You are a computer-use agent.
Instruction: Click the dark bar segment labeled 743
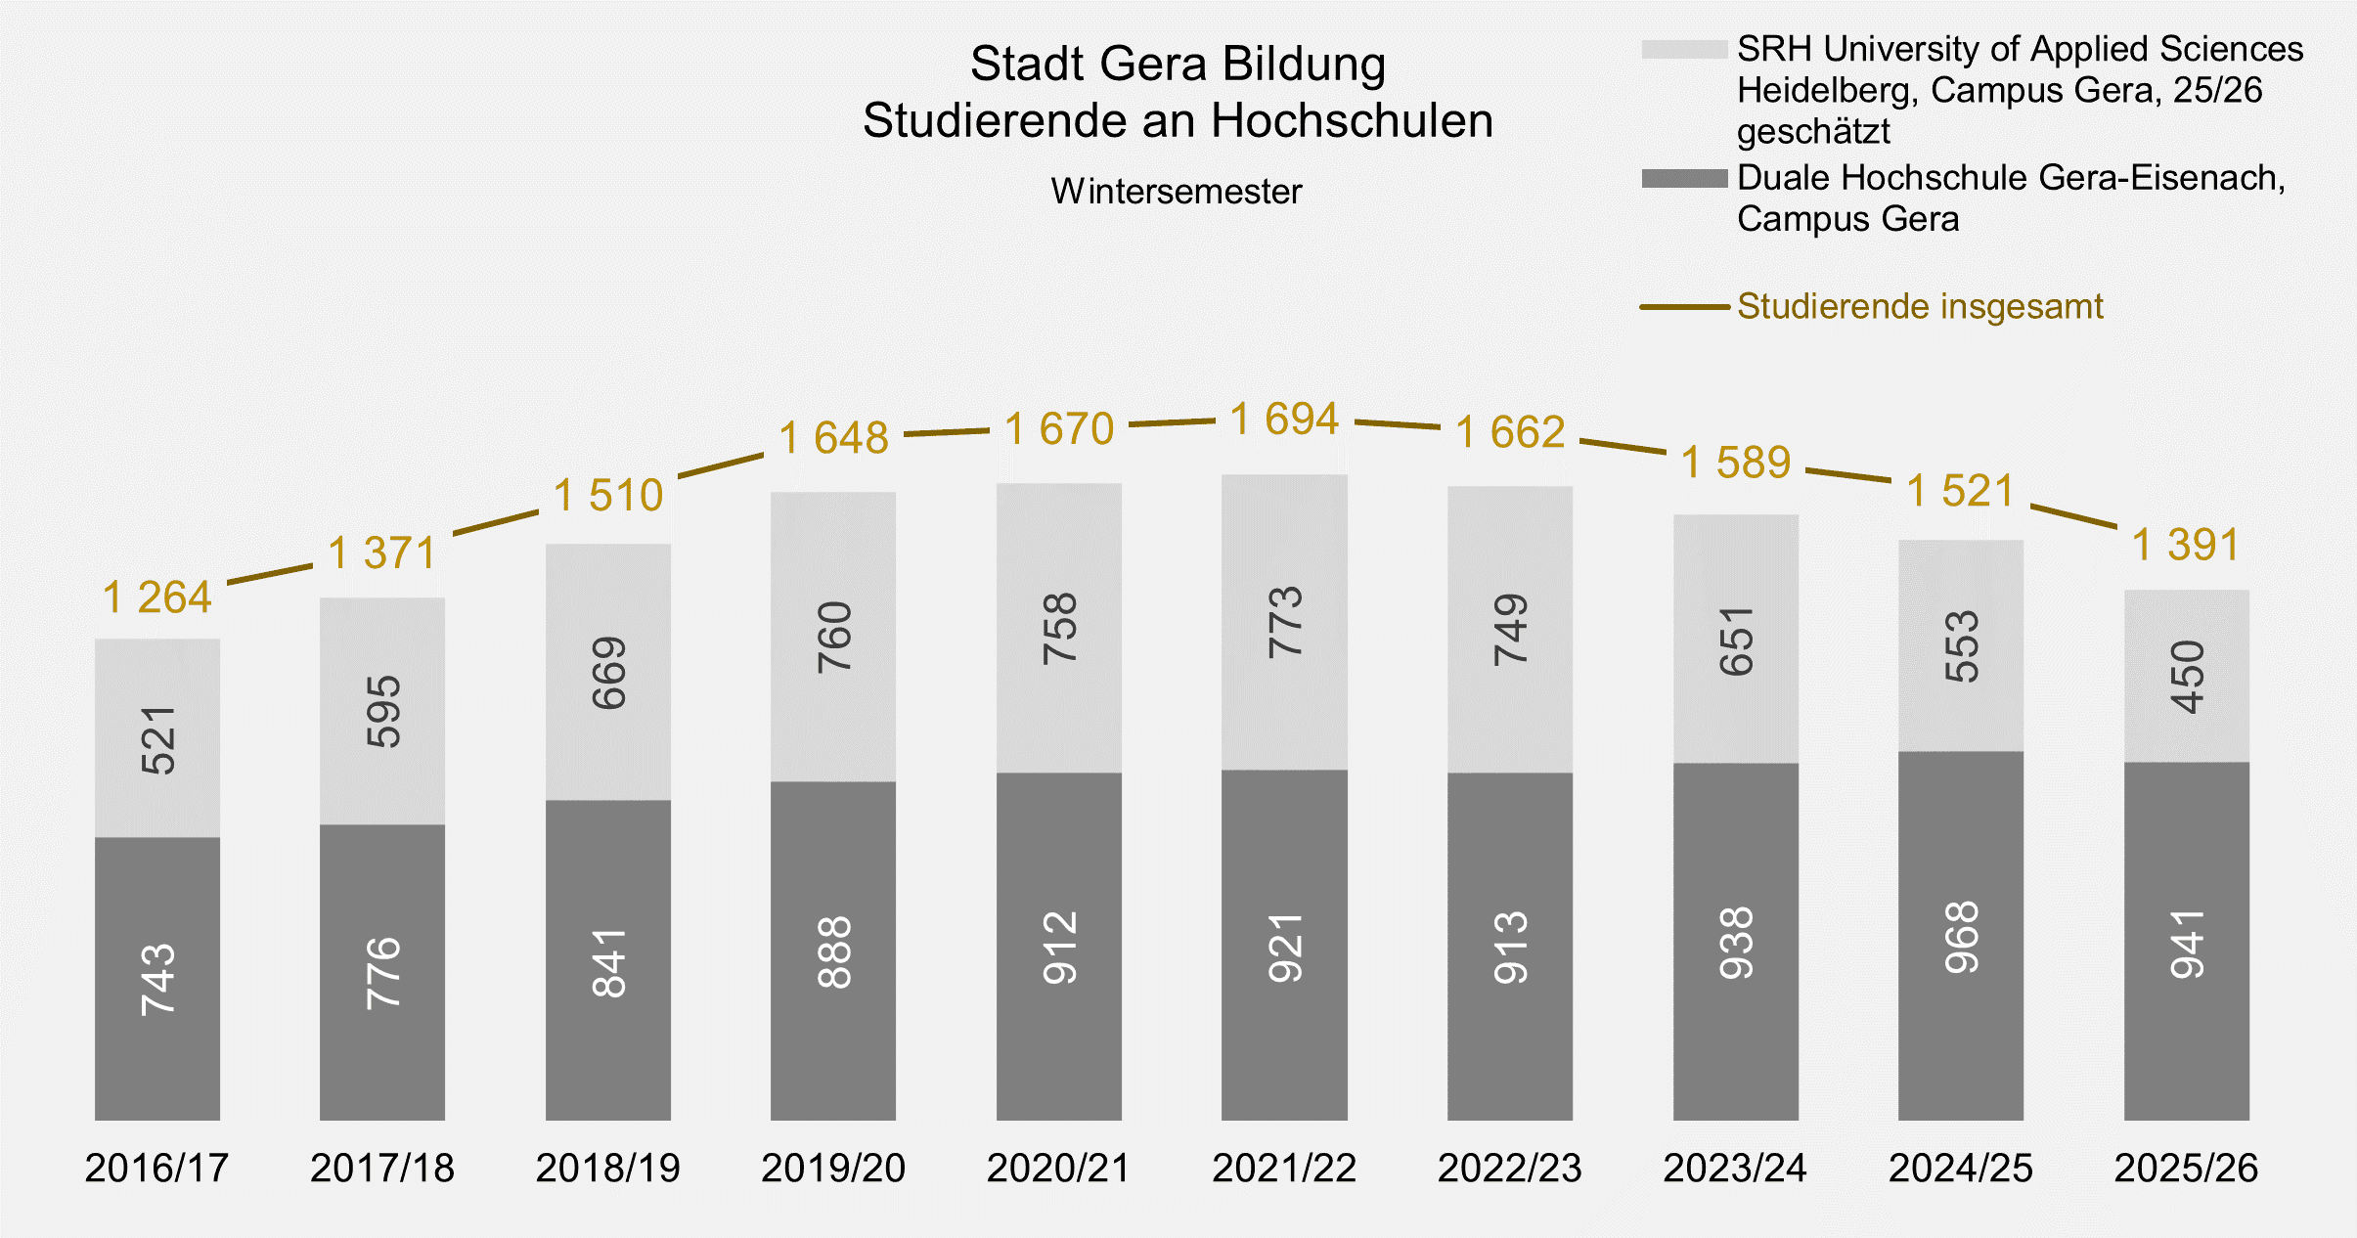pyautogui.click(x=157, y=978)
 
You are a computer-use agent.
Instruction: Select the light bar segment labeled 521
pyautogui.click(x=157, y=738)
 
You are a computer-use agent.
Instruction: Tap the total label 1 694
pyautogui.click(x=1284, y=420)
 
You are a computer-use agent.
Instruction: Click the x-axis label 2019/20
pyautogui.click(x=833, y=1168)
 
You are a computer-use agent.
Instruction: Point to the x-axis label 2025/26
pyautogui.click(x=2186, y=1168)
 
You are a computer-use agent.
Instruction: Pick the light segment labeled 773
pyautogui.click(x=1284, y=622)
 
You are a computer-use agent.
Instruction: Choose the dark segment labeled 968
pyautogui.click(x=1961, y=936)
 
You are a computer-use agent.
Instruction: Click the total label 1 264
pyautogui.click(x=157, y=597)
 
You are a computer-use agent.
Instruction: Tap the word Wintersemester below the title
pyautogui.click(x=1177, y=192)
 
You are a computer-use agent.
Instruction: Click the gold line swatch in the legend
pyautogui.click(x=1684, y=307)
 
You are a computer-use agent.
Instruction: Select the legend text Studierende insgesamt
pyautogui.click(x=1919, y=307)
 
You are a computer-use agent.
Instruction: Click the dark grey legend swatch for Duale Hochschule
pyautogui.click(x=1684, y=178)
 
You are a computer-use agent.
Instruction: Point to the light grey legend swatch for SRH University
pyautogui.click(x=1684, y=49)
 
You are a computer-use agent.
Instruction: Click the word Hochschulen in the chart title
pyautogui.click(x=1352, y=121)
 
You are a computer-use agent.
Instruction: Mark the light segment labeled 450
pyautogui.click(x=2186, y=676)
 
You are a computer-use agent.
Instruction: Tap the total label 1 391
pyautogui.click(x=2186, y=545)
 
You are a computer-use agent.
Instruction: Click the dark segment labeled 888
pyautogui.click(x=833, y=951)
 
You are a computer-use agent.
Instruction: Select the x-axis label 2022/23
pyautogui.click(x=1509, y=1168)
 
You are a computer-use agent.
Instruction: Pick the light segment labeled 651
pyautogui.click(x=1735, y=640)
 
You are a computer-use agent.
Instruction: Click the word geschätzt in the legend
pyautogui.click(x=1813, y=131)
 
